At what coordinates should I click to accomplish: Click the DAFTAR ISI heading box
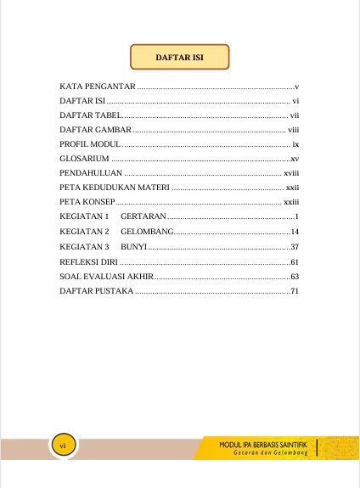[x=179, y=58]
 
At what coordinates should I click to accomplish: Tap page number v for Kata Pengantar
[x=296, y=87]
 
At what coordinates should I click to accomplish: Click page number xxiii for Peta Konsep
[x=291, y=202]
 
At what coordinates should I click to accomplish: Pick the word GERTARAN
[x=143, y=217]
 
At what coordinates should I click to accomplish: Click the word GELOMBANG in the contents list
[x=148, y=232]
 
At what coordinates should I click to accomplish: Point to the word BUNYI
[x=134, y=246]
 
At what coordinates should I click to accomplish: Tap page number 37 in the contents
[x=295, y=246]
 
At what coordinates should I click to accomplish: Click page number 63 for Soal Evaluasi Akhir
[x=295, y=276]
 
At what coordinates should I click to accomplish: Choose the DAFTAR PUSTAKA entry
[x=96, y=291]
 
